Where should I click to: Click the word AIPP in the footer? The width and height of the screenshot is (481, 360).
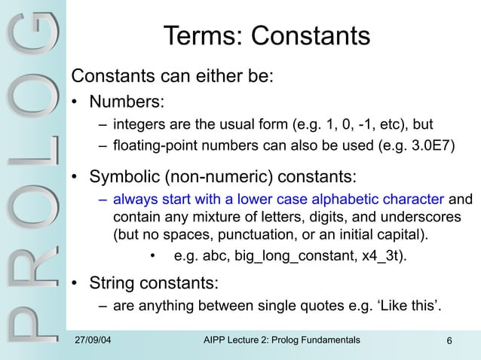tap(219, 343)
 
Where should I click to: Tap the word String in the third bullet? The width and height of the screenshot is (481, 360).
tap(113, 285)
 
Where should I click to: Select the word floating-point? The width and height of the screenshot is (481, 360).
tap(158, 145)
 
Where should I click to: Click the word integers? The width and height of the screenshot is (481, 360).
tap(137, 124)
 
